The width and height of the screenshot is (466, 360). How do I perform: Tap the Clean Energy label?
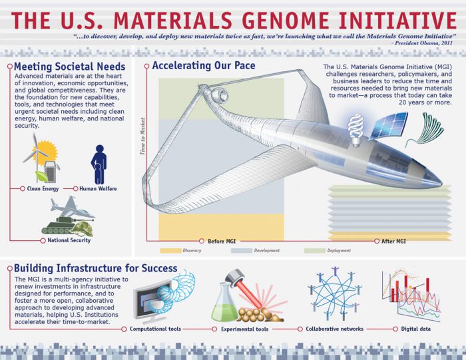pos(41,189)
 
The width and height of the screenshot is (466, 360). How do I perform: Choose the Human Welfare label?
pos(99,189)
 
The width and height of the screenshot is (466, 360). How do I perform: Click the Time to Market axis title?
pos(142,136)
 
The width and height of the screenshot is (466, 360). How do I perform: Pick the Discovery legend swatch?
pos(171,251)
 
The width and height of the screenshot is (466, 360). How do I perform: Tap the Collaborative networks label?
pos(335,329)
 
